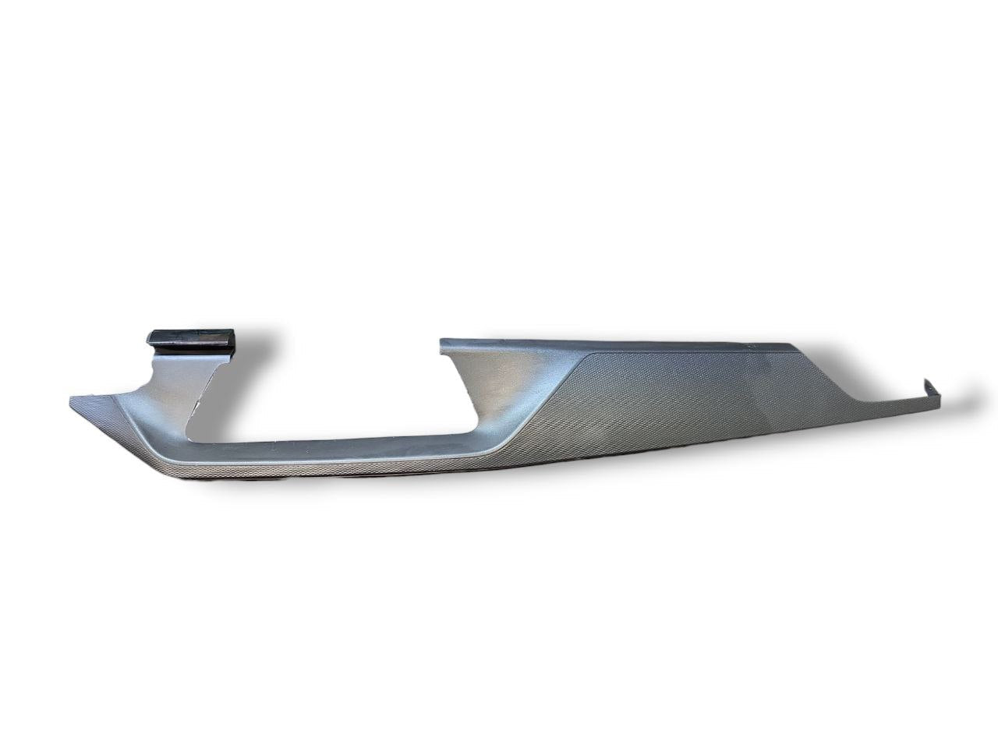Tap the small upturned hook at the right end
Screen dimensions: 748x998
(x=928, y=387)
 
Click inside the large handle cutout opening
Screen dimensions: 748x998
(x=327, y=390)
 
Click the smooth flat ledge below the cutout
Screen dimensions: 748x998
(x=327, y=450)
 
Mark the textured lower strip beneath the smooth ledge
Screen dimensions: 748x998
(x=312, y=472)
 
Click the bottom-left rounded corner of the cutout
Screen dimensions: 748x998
(x=191, y=436)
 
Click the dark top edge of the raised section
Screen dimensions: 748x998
(x=624, y=343)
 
